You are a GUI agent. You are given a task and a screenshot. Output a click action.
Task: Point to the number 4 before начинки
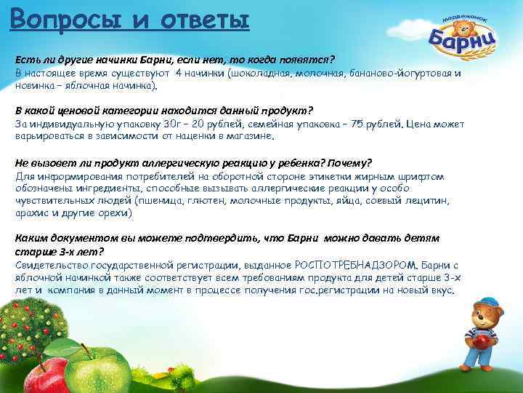click(178, 74)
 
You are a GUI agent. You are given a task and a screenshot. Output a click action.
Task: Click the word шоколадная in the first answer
click(262, 74)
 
